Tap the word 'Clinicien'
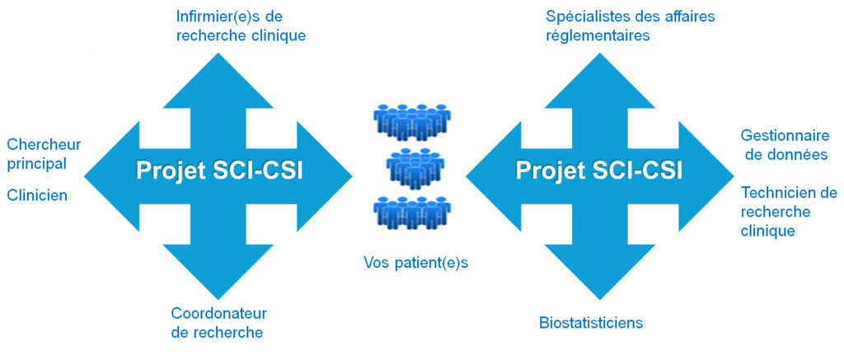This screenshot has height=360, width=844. click(37, 195)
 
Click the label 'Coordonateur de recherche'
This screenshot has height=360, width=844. click(219, 323)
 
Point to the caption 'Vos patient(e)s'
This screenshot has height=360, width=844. click(410, 263)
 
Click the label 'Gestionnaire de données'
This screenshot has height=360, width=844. click(785, 144)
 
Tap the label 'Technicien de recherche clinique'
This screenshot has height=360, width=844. click(788, 212)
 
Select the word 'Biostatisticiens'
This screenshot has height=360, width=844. click(591, 322)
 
